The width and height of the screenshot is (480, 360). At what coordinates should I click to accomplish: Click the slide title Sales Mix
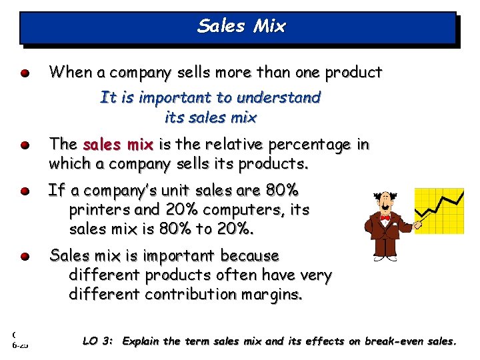click(241, 27)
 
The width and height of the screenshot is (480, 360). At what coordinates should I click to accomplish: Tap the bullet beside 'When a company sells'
click(25, 73)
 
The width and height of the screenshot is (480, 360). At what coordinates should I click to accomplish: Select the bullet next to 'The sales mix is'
click(25, 145)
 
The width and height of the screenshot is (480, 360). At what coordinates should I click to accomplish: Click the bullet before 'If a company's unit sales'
click(25, 191)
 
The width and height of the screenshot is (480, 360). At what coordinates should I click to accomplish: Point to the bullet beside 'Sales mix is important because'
click(25, 256)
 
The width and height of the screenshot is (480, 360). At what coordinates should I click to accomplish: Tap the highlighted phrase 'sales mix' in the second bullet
click(118, 145)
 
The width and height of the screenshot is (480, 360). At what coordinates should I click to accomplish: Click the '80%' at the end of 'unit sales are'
click(282, 191)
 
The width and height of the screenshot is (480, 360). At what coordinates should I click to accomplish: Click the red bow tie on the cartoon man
click(385, 218)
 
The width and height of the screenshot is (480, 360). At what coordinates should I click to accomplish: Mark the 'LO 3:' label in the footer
click(98, 341)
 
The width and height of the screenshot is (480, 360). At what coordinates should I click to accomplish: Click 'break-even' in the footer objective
click(389, 341)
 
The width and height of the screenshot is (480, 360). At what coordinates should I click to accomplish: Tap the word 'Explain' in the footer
click(141, 341)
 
